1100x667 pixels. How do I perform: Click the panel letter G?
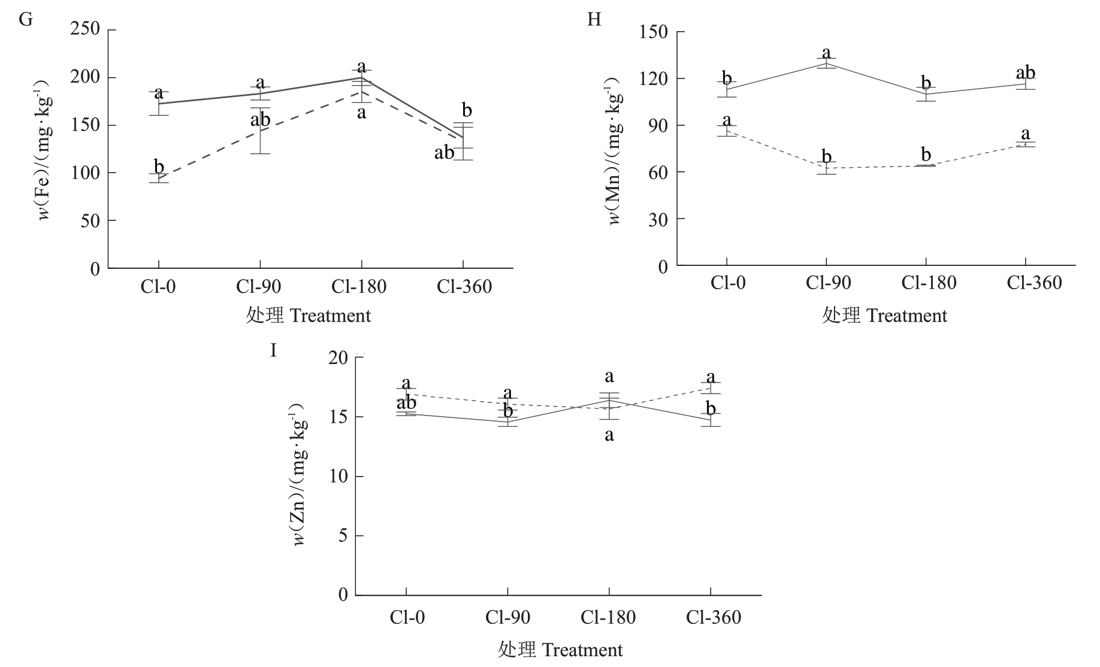[x=26, y=19]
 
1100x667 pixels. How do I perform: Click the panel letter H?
[x=594, y=20]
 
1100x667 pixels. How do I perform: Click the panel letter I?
[x=274, y=350]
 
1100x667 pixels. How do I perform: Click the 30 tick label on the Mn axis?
[x=658, y=219]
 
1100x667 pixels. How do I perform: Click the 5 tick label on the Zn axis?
[x=343, y=535]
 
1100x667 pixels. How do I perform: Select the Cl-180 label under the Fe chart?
[x=359, y=287]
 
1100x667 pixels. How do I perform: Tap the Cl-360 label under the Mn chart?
[x=1034, y=283]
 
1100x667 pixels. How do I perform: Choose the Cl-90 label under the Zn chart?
[x=507, y=617]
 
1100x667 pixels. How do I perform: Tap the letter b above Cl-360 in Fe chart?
[x=467, y=110]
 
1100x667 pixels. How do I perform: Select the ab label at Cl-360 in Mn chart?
[x=1026, y=73]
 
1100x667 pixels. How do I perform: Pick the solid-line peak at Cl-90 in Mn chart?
[x=826, y=63]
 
